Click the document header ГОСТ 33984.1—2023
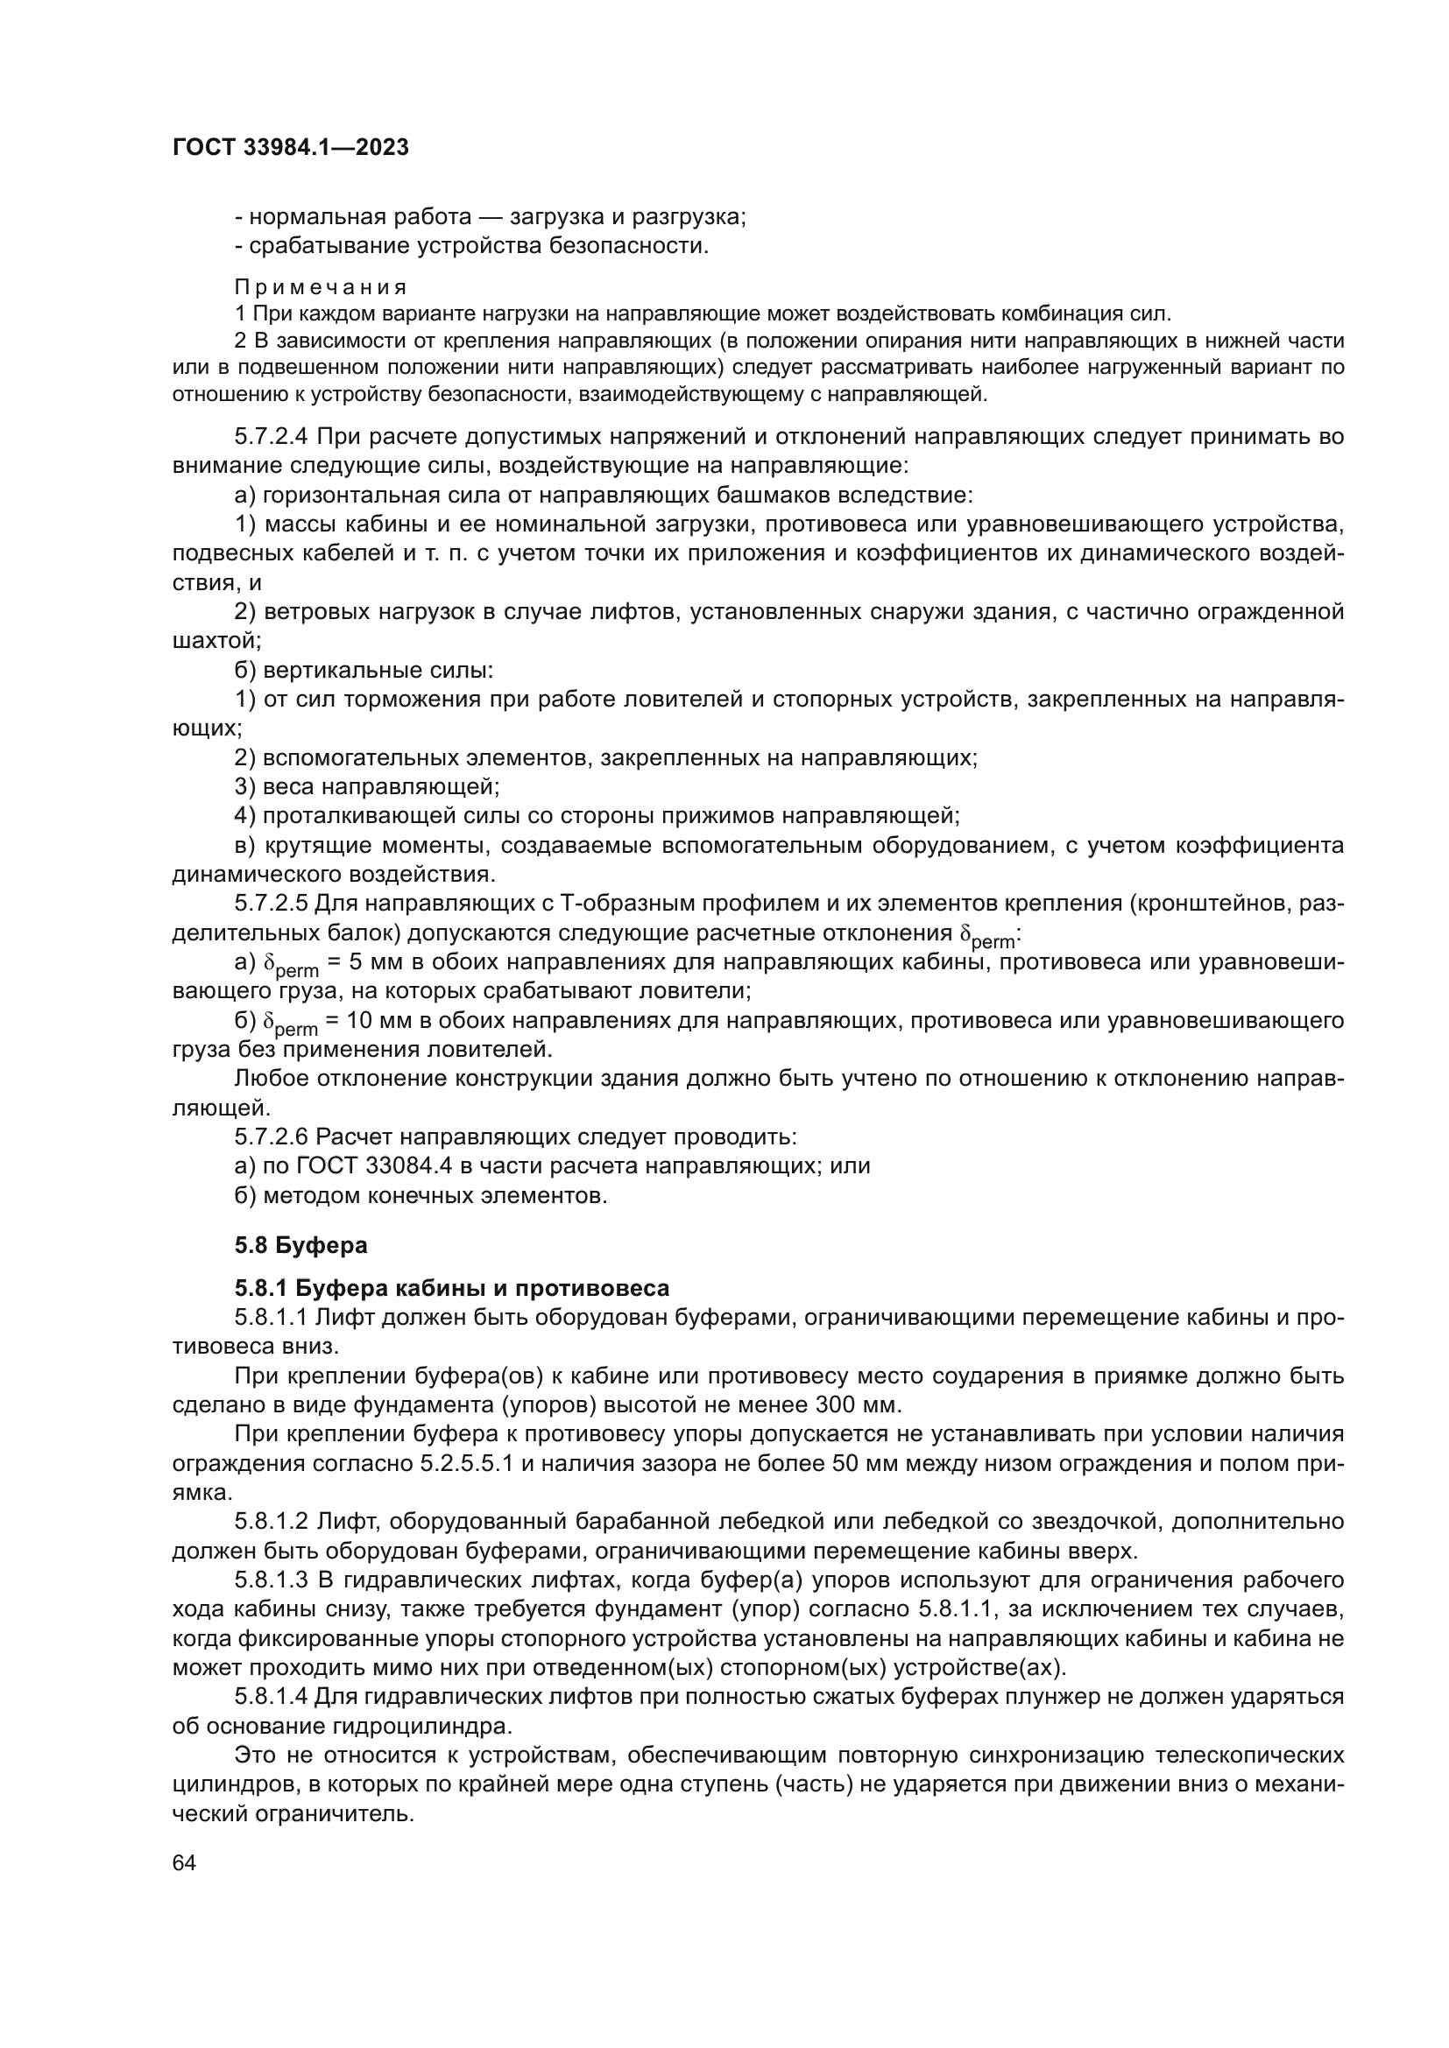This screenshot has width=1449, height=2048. pos(290,148)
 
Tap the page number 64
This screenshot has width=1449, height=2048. pos(184,1863)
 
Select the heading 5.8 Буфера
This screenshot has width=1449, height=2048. pos(300,1244)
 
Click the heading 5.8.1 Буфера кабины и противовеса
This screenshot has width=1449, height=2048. pos(451,1288)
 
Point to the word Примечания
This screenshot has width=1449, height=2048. pos(321,287)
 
